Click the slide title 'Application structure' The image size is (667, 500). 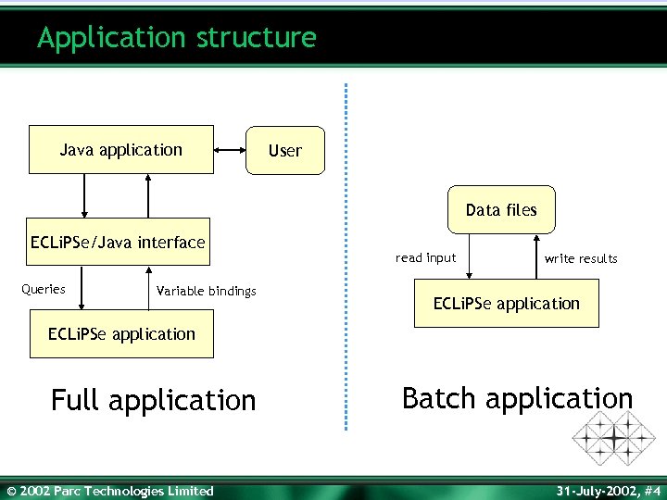[177, 38]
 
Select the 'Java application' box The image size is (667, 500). [121, 150]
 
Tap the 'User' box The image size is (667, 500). [285, 150]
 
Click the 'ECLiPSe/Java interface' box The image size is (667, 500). [118, 243]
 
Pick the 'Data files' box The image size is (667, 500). [501, 210]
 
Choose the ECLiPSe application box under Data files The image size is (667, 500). [507, 304]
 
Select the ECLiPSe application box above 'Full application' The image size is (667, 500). [121, 334]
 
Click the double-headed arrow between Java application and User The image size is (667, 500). [229, 149]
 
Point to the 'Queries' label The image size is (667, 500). [44, 289]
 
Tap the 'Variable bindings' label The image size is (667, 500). [207, 291]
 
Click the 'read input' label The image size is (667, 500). [425, 258]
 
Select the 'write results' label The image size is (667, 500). [581, 258]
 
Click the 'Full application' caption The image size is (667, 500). [154, 400]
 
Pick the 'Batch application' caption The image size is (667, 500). [517, 398]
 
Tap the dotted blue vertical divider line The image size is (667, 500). [346, 259]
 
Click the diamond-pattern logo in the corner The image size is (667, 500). [613, 436]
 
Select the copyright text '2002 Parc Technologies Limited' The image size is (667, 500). [110, 491]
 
